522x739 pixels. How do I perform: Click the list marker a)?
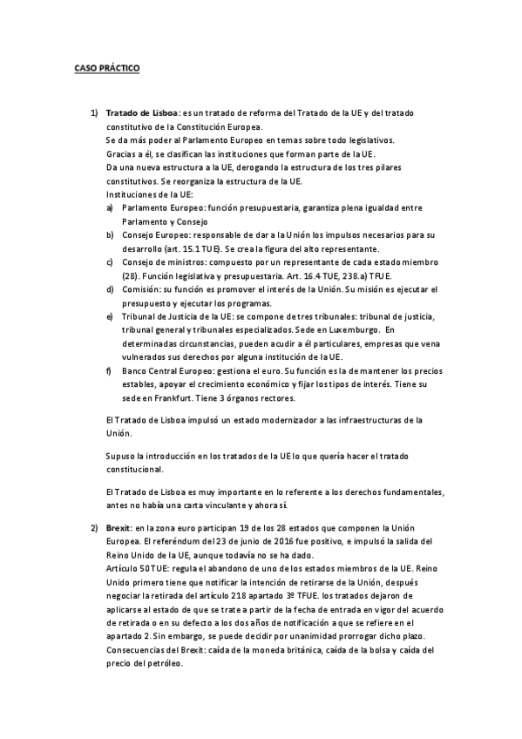tap(110, 209)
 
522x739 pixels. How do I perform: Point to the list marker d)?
tap(110, 288)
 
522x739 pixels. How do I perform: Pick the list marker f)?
tap(110, 370)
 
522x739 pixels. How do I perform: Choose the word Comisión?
tap(142, 288)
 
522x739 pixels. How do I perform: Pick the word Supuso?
tap(119, 457)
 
